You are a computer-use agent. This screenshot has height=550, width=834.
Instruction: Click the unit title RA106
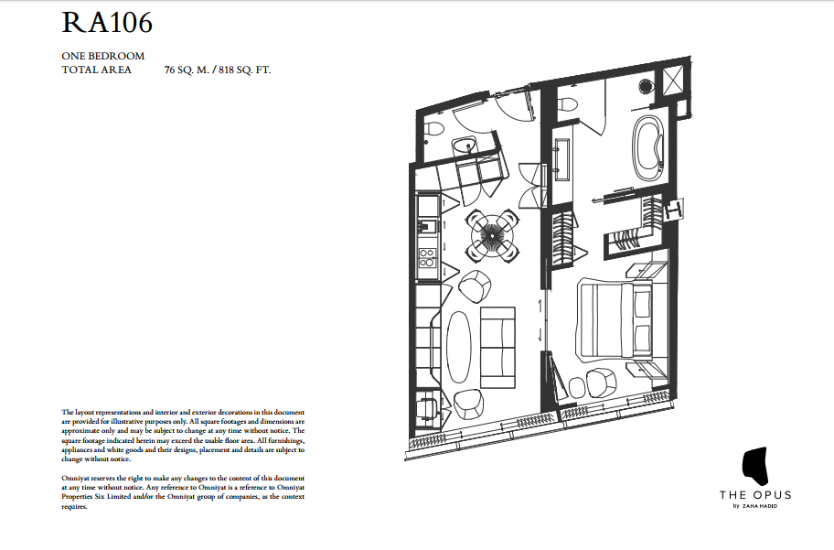106,23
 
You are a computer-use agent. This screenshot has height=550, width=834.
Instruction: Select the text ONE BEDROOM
102,56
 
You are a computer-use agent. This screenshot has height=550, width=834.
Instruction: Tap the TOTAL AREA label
96,70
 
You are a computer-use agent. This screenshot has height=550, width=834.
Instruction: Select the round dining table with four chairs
493,234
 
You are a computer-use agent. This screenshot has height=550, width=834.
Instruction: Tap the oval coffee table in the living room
462,347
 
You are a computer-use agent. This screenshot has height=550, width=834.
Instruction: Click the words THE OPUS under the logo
754,495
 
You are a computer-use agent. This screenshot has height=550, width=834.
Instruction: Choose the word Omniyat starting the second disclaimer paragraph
76,479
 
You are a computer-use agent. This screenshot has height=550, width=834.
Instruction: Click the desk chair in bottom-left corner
426,405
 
